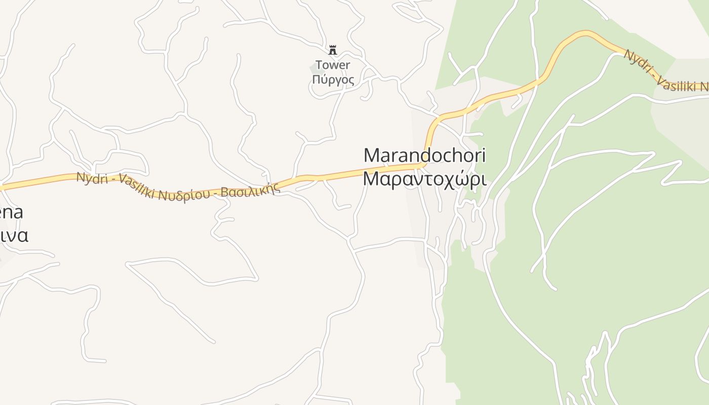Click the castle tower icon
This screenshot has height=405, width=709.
[x=333, y=50]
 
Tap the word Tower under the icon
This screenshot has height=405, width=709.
[x=333, y=65]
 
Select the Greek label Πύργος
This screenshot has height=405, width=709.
[x=333, y=79]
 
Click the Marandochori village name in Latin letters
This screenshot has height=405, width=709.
[x=424, y=155]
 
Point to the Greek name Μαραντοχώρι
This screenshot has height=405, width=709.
[x=424, y=179]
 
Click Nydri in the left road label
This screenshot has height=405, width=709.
[x=92, y=178]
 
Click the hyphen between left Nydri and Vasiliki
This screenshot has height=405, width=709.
[x=112, y=181]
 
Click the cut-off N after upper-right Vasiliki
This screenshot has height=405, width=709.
[x=705, y=88]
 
